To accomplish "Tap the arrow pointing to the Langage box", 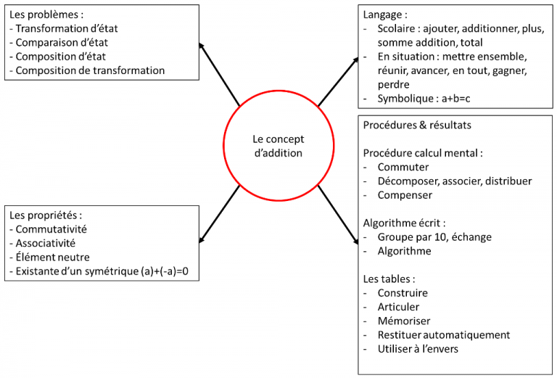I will (338, 81).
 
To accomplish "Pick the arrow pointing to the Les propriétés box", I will (219, 213).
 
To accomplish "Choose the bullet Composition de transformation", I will (90, 70).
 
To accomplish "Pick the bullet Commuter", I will (403, 167).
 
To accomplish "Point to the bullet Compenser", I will (405, 194).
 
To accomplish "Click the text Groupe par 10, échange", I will (434, 237).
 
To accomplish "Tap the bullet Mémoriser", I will (404, 321).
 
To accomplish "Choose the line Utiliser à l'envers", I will (418, 349).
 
